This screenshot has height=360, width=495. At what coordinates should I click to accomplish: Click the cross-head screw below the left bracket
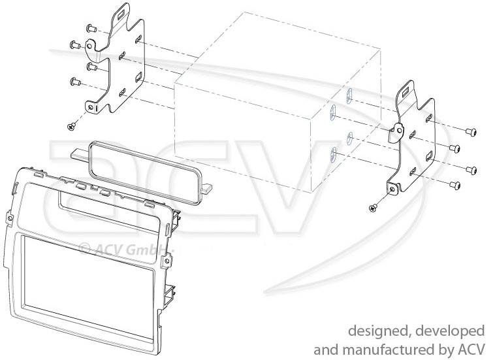(72, 127)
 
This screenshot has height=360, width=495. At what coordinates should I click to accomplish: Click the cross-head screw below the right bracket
(373, 208)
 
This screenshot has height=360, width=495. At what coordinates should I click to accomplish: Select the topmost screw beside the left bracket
(91, 29)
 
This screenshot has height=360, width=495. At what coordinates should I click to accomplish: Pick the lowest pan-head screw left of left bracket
(75, 82)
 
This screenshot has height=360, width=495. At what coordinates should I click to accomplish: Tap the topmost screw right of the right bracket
(471, 132)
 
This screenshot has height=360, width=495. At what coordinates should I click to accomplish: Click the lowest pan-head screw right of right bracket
(455, 185)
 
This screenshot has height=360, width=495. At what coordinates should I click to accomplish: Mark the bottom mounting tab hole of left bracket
(91, 107)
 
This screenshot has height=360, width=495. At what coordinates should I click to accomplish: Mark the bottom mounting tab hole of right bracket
(392, 189)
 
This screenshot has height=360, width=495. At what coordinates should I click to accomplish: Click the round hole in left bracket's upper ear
(89, 46)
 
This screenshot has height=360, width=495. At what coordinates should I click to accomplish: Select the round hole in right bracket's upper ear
(400, 129)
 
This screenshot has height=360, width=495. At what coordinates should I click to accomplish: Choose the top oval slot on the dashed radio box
(349, 94)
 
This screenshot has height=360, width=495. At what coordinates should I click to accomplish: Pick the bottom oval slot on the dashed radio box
(332, 154)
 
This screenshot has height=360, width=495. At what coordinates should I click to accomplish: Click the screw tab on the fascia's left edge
(10, 218)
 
